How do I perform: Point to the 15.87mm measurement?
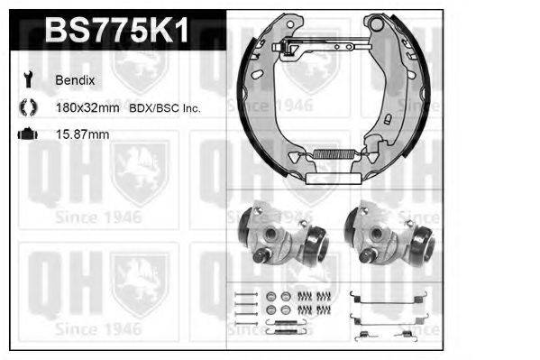point(82,134)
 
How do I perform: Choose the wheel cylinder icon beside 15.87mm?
point(24,134)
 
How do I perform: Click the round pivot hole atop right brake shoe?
point(378,23)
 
